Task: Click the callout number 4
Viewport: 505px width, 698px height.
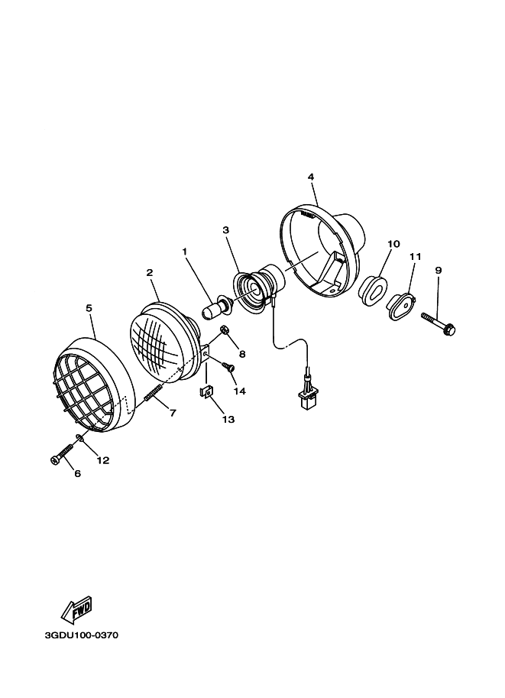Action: point(311,177)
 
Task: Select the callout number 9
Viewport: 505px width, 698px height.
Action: point(438,270)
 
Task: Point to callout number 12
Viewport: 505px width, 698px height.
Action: point(102,459)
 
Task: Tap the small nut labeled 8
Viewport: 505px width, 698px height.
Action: point(225,331)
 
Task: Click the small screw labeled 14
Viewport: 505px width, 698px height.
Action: point(227,368)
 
